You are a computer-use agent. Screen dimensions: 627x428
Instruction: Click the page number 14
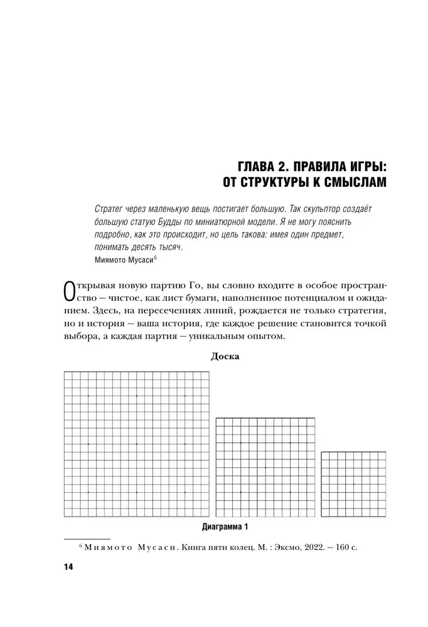tap(68, 567)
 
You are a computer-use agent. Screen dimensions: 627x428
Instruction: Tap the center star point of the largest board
tap(137, 444)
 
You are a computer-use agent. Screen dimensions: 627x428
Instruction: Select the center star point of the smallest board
tap(354, 484)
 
